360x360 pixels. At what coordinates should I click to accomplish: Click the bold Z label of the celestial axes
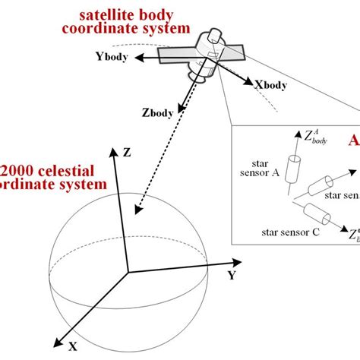pyautogui.click(x=126, y=152)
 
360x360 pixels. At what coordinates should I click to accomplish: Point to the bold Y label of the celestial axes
pyautogui.click(x=231, y=276)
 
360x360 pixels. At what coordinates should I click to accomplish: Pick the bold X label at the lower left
pyautogui.click(x=72, y=346)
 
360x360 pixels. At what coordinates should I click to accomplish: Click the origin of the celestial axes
pyautogui.click(x=127, y=271)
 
